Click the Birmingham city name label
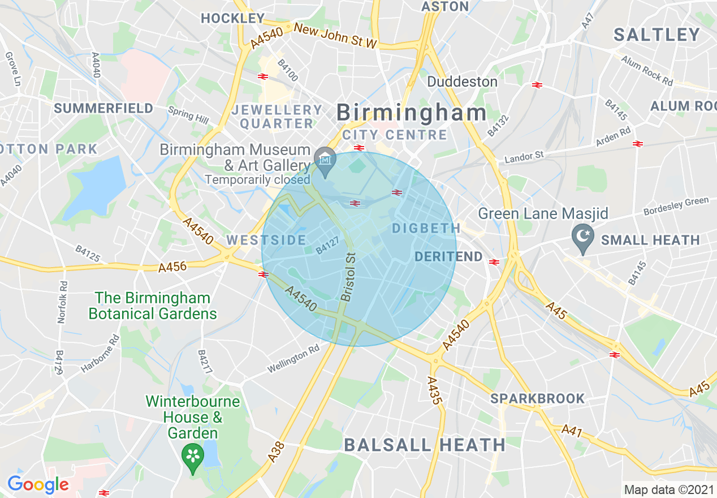pyautogui.click(x=411, y=113)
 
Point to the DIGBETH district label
pyautogui.click(x=426, y=228)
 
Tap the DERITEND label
pyautogui.click(x=448, y=257)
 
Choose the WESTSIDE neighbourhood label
pyautogui.click(x=266, y=240)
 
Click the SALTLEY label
pyautogui.click(x=656, y=35)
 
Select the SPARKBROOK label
pyautogui.click(x=537, y=398)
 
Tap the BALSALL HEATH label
pyautogui.click(x=425, y=445)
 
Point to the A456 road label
pyautogui.click(x=172, y=267)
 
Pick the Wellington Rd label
pyautogui.click(x=293, y=360)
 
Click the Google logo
pyautogui.click(x=37, y=484)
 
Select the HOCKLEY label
pyautogui.click(x=232, y=18)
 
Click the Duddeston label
pyautogui.click(x=462, y=81)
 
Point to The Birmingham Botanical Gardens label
pyautogui.click(x=153, y=306)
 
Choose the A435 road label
pyautogui.click(x=434, y=390)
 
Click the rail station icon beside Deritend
pyautogui.click(x=494, y=261)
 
